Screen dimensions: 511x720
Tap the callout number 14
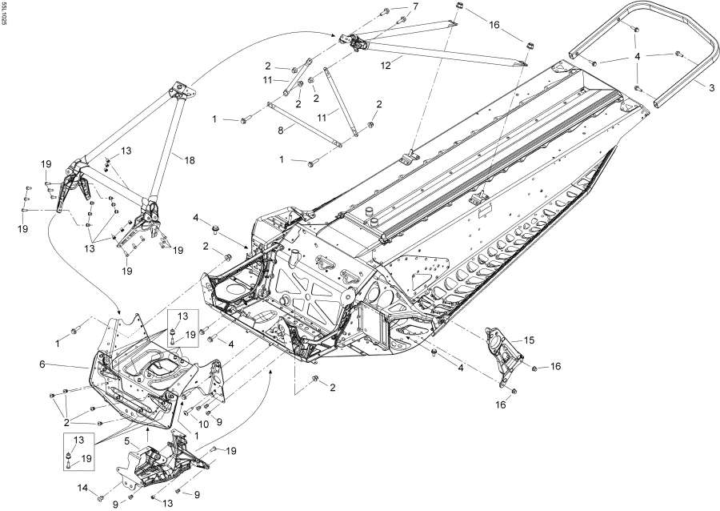point(83,488)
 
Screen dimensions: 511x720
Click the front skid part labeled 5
point(160,465)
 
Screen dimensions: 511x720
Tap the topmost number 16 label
point(494,25)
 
